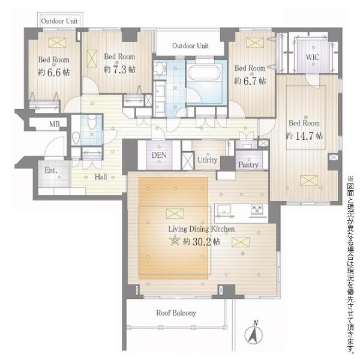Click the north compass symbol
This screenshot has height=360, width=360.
click(x=253, y=333)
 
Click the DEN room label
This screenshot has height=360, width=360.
click(x=159, y=155)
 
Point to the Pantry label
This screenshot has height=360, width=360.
click(x=248, y=165)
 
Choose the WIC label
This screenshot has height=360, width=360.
click(x=313, y=57)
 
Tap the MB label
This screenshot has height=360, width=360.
click(x=55, y=124)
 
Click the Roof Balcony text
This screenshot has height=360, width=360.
click(x=176, y=313)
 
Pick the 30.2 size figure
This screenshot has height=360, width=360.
click(x=202, y=242)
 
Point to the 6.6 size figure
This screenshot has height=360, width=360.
click(x=54, y=73)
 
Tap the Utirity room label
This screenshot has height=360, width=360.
click(x=208, y=160)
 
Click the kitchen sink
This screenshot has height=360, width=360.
click(x=224, y=210)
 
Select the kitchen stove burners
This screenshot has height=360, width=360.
click(x=258, y=209)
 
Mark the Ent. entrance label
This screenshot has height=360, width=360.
click(x=51, y=170)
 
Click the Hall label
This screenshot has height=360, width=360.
click(x=101, y=177)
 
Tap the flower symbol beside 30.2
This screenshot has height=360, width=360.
click(x=175, y=241)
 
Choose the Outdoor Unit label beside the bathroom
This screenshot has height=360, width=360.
click(x=190, y=46)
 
